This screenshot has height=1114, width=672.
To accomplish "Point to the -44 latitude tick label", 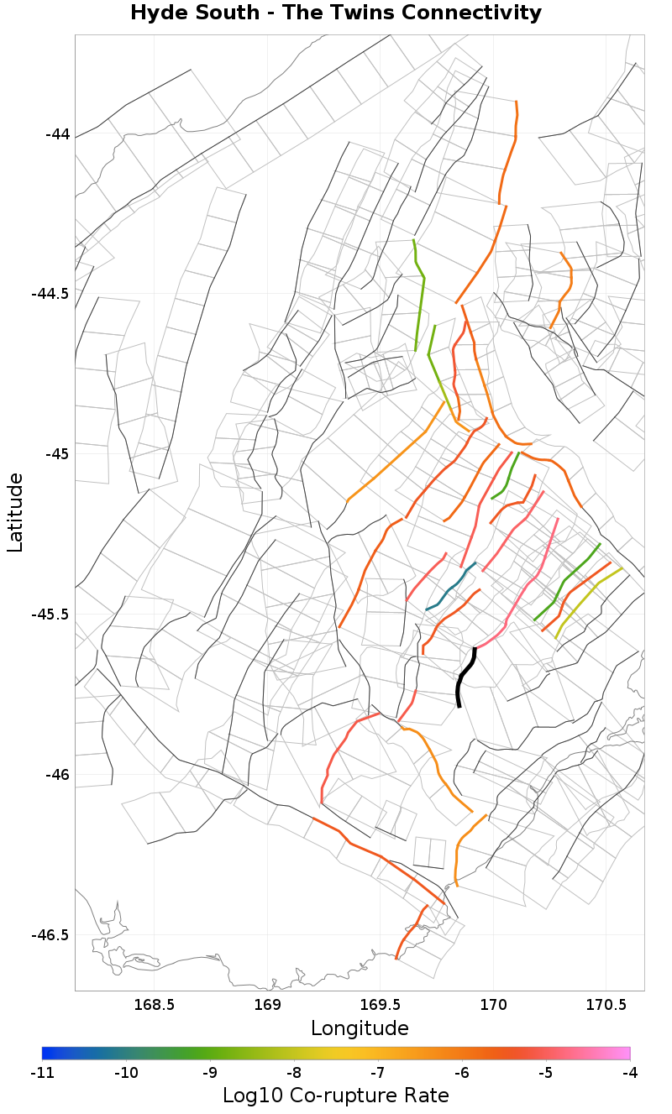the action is coord(56,134).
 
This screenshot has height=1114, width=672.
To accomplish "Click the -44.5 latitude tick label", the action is coord(50,294).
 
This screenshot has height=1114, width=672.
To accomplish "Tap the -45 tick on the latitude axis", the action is coord(56,454).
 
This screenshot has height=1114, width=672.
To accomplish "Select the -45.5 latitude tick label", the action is coord(50,615).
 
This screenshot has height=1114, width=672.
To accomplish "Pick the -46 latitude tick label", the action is coord(56,775).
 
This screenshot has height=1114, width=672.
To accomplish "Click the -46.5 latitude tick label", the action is coord(50,935).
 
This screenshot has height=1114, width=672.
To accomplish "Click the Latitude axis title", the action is coord(15,512).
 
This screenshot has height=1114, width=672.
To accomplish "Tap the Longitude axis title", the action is coord(360,1028).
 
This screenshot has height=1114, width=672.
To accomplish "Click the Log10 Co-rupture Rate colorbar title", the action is coord(336,1096).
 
